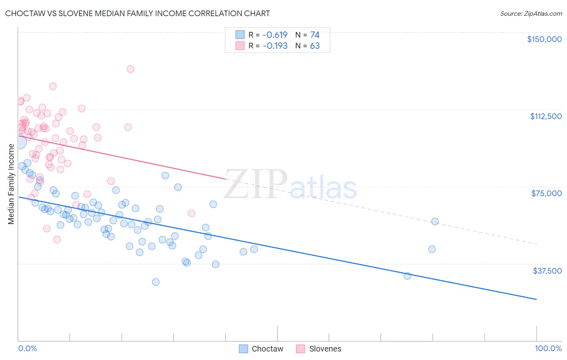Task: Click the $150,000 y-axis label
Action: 544,39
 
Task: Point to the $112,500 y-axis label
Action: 546,116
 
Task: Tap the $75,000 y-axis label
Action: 546,193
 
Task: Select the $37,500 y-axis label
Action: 547,270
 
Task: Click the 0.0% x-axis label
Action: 27,348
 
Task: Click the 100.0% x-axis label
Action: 548,348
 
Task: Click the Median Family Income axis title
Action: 11,184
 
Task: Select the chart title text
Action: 138,13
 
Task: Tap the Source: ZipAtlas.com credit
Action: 531,13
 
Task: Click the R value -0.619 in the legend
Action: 275,35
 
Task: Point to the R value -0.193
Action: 275,46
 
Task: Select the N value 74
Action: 315,35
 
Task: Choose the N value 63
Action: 315,46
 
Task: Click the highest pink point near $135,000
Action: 130,69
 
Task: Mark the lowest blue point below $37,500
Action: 156,282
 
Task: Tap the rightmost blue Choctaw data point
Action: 435,221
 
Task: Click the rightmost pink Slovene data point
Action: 192,213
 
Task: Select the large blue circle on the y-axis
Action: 19,141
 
